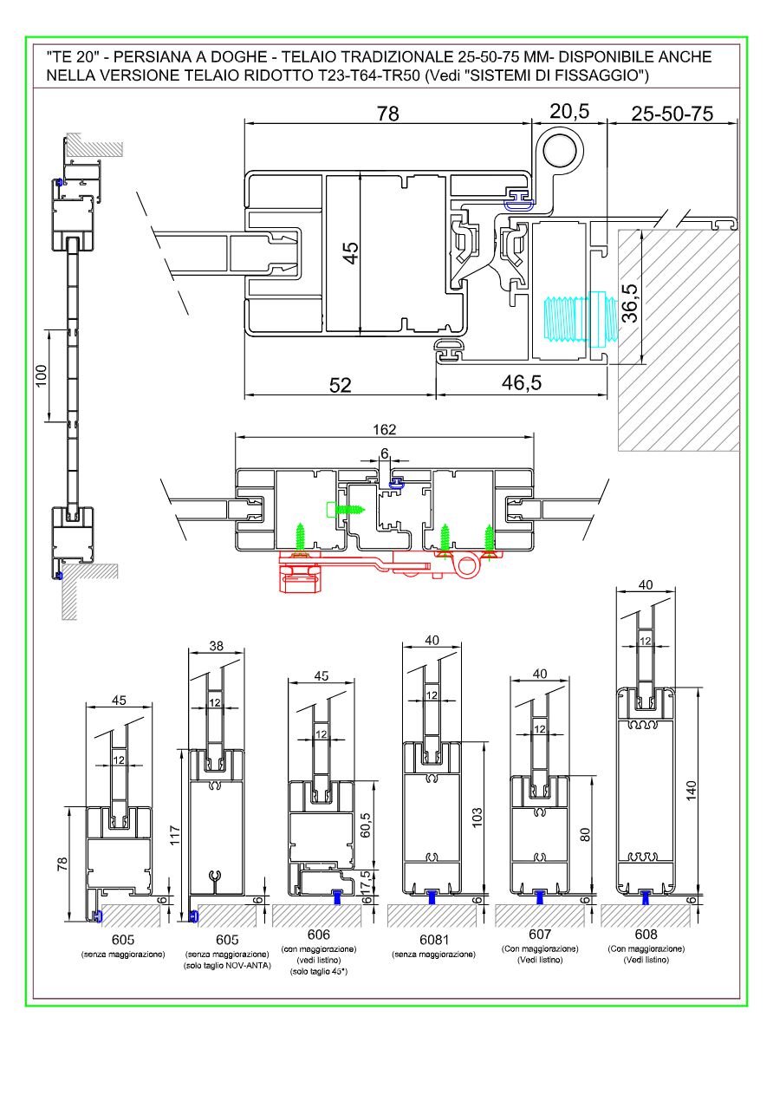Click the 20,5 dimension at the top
point(568,112)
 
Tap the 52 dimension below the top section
point(341,385)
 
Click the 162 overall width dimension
point(384,429)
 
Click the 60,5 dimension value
point(365,820)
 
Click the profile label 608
point(646,935)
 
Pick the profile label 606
point(319,935)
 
